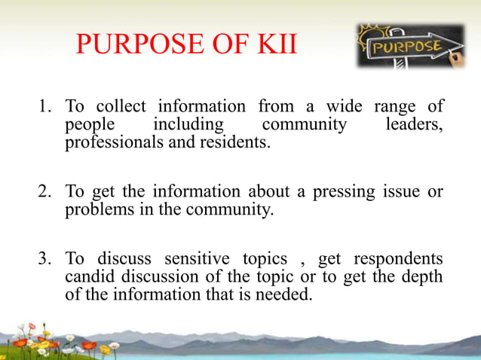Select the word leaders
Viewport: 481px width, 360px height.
(x=414, y=124)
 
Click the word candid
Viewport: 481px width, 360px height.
(x=88, y=279)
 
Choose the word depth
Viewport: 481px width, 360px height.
(x=423, y=279)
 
